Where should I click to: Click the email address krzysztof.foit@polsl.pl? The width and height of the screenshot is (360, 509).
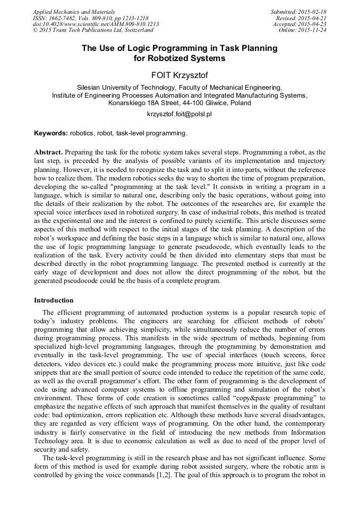(x=179, y=114)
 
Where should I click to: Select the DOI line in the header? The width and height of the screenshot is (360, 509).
(x=96, y=24)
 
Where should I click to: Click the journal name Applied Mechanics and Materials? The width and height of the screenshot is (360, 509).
(x=74, y=12)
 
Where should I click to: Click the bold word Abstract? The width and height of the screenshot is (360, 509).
(x=48, y=152)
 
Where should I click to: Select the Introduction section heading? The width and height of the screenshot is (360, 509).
(x=54, y=300)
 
